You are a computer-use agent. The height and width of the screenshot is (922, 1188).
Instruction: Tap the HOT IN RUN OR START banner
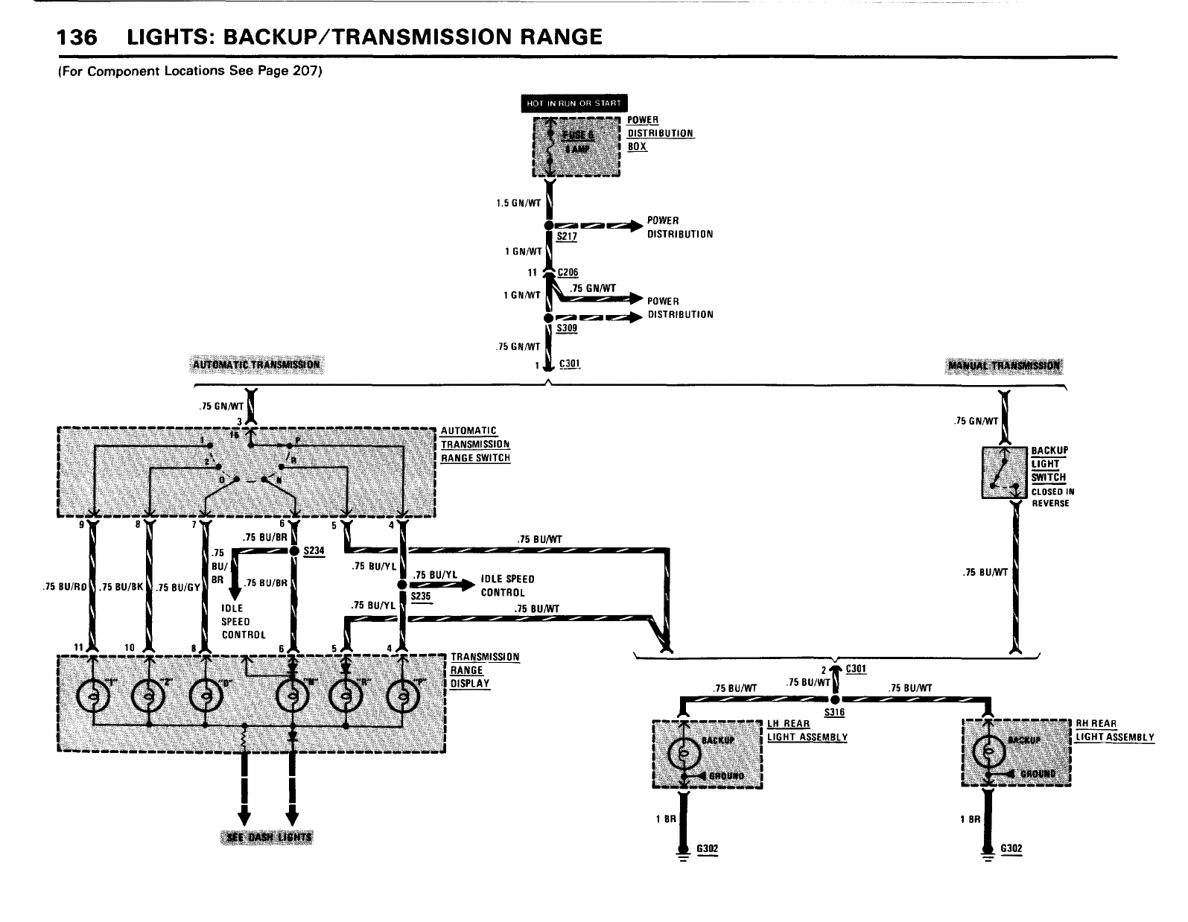(x=573, y=103)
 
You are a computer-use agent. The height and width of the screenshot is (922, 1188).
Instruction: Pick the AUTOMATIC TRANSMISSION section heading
(x=256, y=365)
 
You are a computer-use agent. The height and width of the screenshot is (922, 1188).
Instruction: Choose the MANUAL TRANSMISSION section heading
(x=1005, y=366)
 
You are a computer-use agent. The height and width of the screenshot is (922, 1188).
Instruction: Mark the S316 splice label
(x=834, y=712)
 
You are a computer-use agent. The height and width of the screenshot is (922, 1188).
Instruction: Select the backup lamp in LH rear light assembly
(x=682, y=754)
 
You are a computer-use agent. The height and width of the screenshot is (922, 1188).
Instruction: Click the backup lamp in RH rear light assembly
(x=989, y=754)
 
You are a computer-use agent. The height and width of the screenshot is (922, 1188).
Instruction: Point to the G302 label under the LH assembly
(x=707, y=848)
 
